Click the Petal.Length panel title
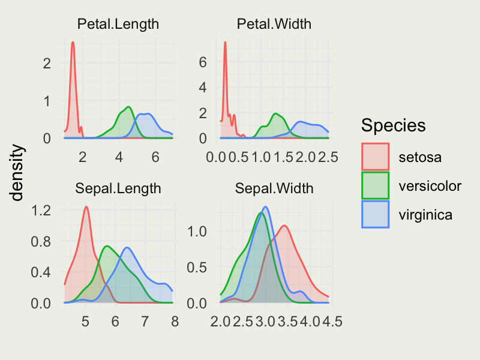[118, 25]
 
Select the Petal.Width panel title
[274, 25]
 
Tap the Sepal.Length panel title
[118, 188]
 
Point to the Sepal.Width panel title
[274, 188]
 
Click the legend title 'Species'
[394, 125]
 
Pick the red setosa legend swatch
[376, 157]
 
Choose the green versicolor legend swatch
[376, 186]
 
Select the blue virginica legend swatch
[376, 214]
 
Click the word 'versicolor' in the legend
[430, 186]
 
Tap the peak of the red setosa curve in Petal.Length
[73, 42]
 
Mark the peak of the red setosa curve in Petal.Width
[225, 42]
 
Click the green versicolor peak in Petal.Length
[129, 107]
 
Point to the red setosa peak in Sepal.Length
[86, 207]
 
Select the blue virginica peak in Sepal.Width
[265, 207]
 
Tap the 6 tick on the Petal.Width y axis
[203, 62]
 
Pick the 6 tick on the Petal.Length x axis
[155, 157]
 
